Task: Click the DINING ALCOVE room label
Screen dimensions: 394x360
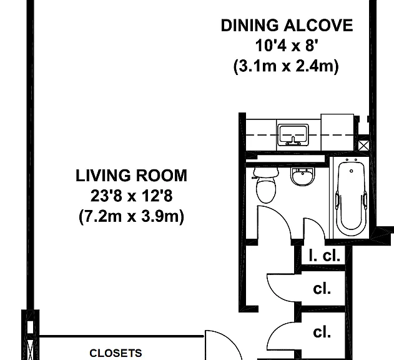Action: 287,26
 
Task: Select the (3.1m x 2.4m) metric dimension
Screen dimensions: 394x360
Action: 286,66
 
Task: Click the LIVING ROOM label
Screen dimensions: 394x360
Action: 131,176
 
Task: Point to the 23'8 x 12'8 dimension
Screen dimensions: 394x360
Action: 131,196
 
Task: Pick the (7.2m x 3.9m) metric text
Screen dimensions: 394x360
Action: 131,216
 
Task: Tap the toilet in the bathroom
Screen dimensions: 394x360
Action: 266,185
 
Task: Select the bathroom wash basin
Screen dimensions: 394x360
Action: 303,176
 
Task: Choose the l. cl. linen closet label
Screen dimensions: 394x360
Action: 325,256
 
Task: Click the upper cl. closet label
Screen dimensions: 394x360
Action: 322,289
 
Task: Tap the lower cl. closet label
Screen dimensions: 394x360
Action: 322,332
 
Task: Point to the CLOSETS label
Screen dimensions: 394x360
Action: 116,353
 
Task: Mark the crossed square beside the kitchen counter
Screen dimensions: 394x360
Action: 363,146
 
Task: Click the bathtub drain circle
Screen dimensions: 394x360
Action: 352,171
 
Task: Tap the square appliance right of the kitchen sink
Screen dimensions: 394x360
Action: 337,132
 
